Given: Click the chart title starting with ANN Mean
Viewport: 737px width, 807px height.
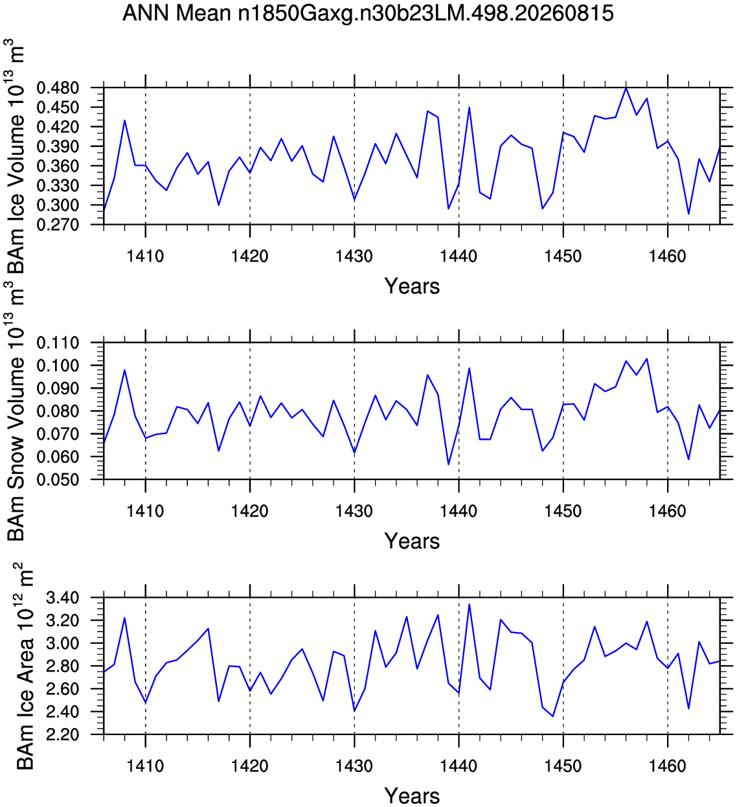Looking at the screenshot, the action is coord(368,13).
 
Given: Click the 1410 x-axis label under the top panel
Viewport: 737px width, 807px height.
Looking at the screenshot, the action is coord(145,256).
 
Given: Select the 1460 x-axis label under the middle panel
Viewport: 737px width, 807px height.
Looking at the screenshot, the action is coord(668,511).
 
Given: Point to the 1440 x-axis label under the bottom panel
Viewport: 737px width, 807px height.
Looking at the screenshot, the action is coord(459,766).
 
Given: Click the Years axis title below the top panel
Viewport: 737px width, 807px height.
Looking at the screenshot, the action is coord(412,286).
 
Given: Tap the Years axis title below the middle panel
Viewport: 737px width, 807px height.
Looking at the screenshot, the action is coord(412,541).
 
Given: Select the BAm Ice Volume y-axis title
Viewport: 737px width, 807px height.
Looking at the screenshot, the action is coord(16,156).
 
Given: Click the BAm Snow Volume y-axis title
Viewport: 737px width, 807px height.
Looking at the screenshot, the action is coord(16,418).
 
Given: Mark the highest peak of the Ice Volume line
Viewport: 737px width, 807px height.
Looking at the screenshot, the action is coord(626,88).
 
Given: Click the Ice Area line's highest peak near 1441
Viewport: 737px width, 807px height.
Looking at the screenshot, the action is coord(469,604).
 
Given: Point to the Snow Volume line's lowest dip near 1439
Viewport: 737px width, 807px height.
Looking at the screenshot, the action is coord(448,464).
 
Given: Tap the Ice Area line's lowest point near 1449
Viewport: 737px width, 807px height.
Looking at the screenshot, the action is coord(553,716).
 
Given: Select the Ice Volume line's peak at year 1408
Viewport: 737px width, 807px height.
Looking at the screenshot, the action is coord(125,120).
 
